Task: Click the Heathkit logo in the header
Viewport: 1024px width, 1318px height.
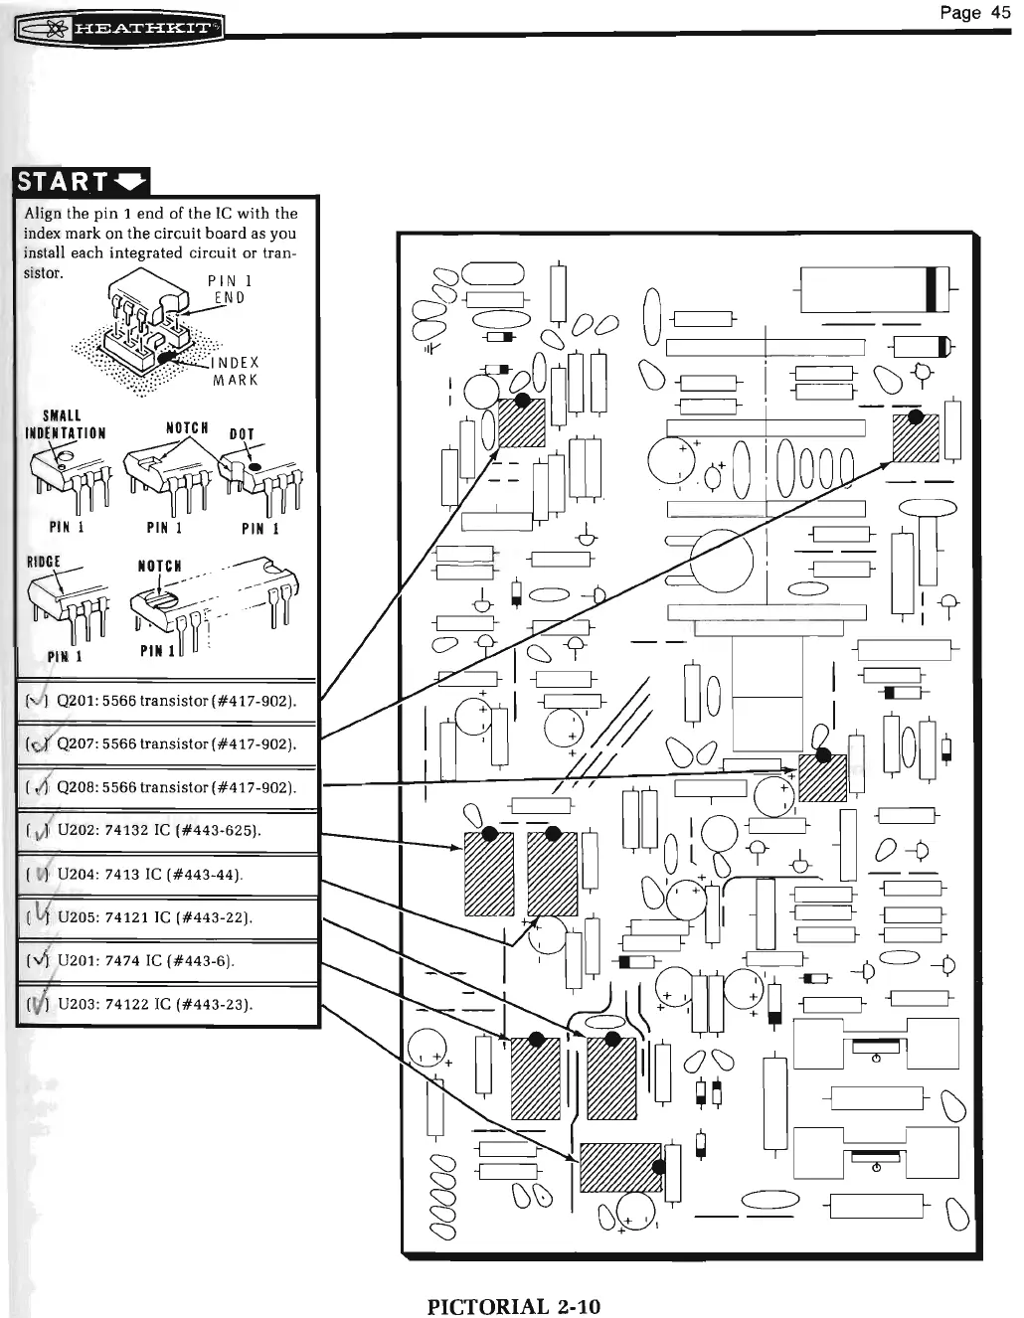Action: (119, 27)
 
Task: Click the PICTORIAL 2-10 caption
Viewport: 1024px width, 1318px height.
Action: (513, 1306)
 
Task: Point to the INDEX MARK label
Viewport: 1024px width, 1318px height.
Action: (235, 371)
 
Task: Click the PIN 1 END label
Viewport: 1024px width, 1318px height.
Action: (228, 288)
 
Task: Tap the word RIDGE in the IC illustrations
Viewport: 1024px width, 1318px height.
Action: (45, 562)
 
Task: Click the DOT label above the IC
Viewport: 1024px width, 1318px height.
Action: (242, 433)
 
